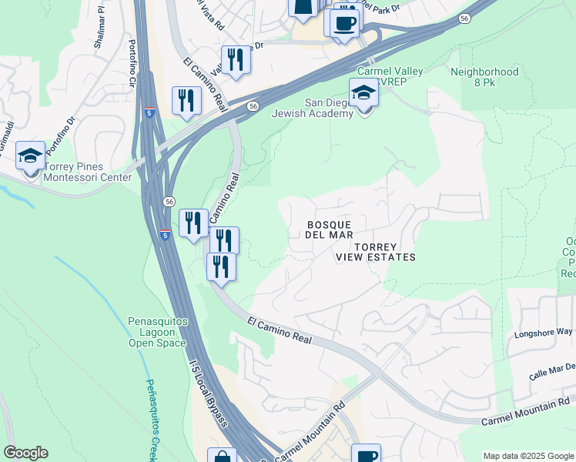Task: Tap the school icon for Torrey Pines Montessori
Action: tap(31, 158)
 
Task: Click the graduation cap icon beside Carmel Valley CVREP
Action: tap(364, 94)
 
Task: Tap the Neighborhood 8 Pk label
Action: tap(484, 77)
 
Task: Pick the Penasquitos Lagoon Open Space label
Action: tap(157, 332)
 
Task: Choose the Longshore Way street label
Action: tap(544, 333)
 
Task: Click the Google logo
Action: tap(25, 453)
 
